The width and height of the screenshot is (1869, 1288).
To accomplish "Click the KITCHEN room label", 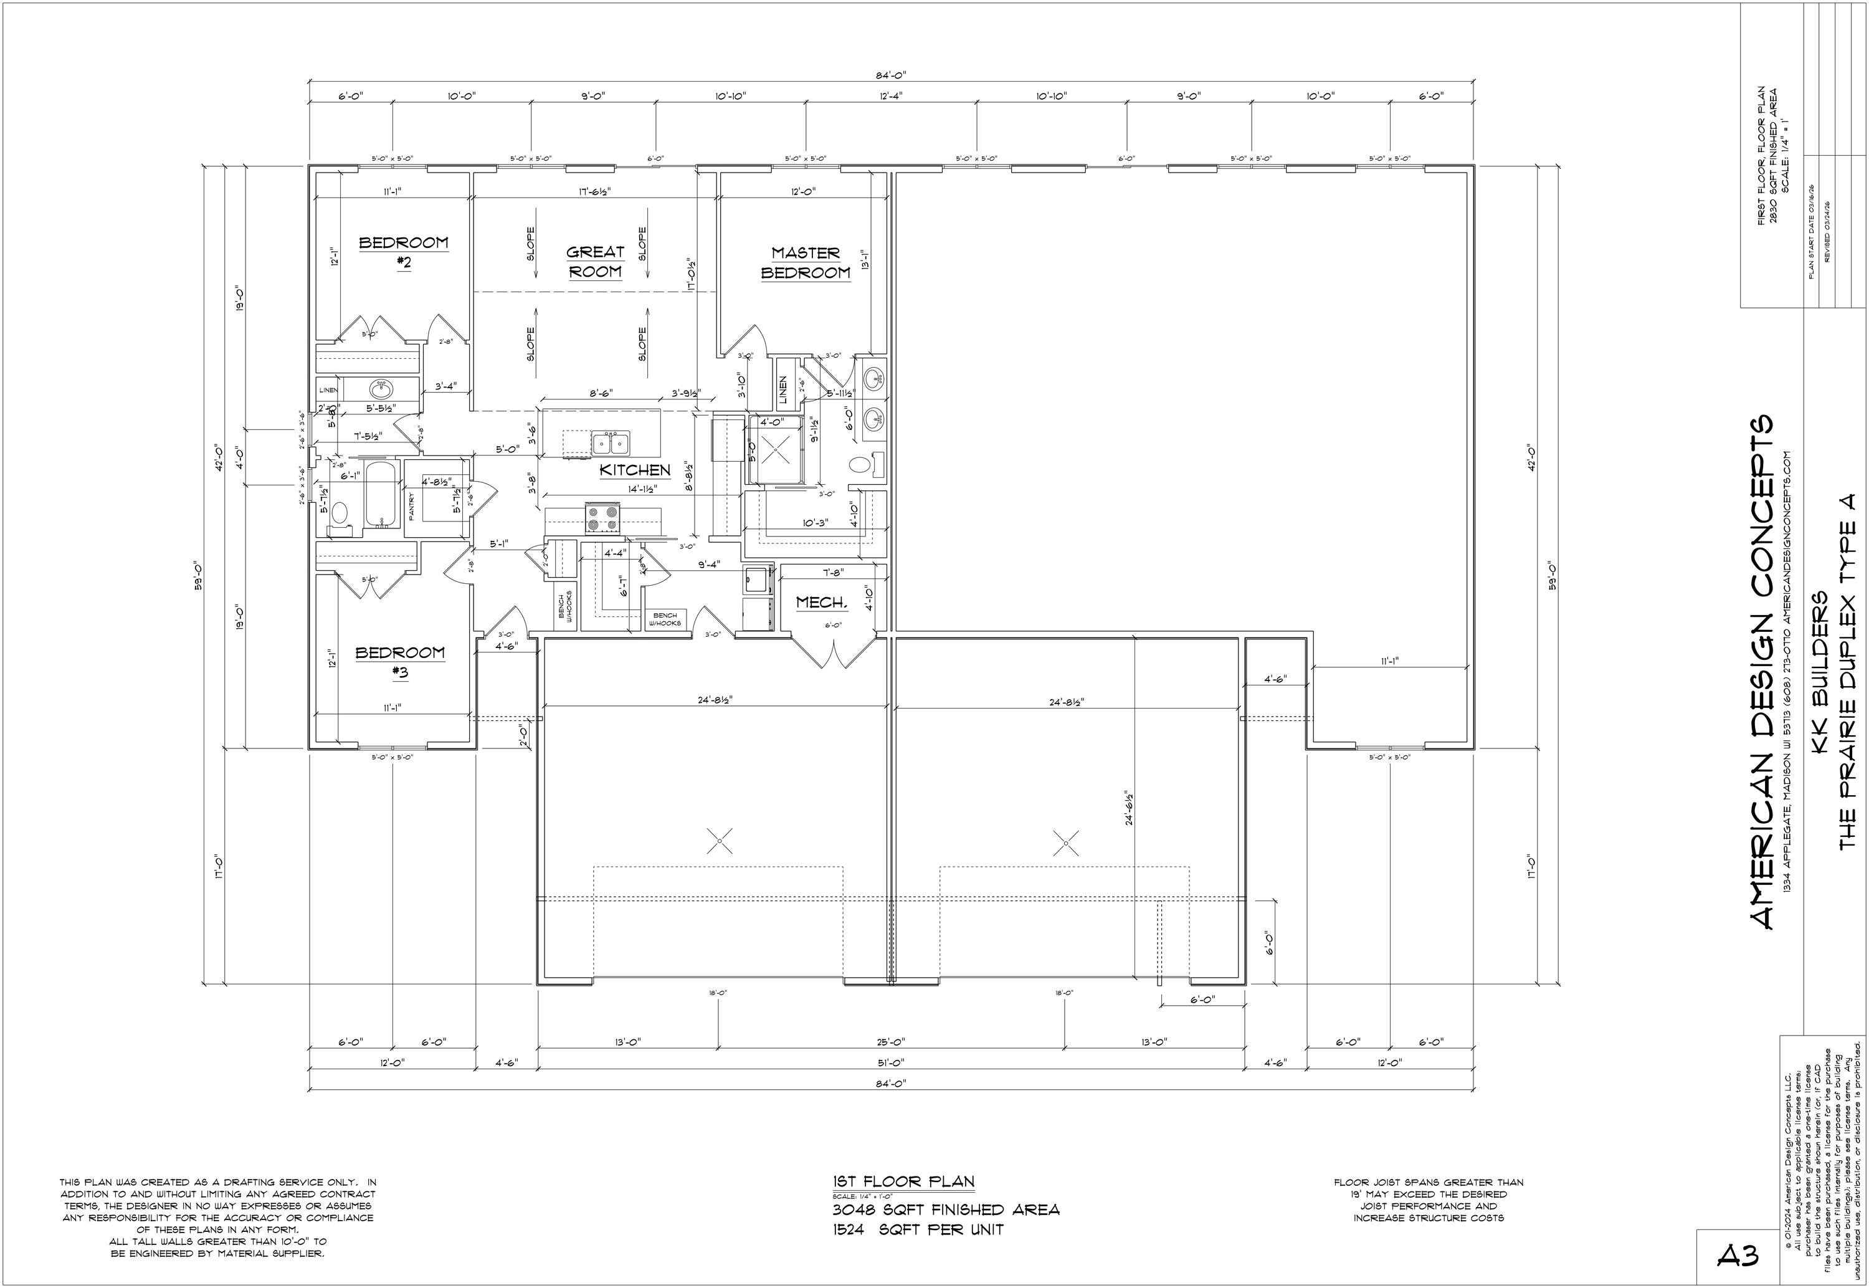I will pyautogui.click(x=635, y=470).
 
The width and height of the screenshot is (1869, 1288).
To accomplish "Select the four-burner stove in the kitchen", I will pyautogui.click(x=603, y=518).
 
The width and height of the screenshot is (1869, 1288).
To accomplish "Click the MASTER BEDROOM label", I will pyautogui.click(x=805, y=263).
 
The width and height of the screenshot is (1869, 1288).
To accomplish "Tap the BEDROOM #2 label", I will pyautogui.click(x=403, y=251).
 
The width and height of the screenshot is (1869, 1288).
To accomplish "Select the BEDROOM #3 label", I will pyautogui.click(x=400, y=661).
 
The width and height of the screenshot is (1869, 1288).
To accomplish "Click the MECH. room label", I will pyautogui.click(x=822, y=603).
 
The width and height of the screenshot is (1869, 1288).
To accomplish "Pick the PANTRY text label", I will pyautogui.click(x=411, y=506).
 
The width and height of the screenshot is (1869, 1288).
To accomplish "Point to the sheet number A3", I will pyautogui.click(x=1737, y=1254).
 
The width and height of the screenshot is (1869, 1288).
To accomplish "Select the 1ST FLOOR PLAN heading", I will pyautogui.click(x=903, y=1181).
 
